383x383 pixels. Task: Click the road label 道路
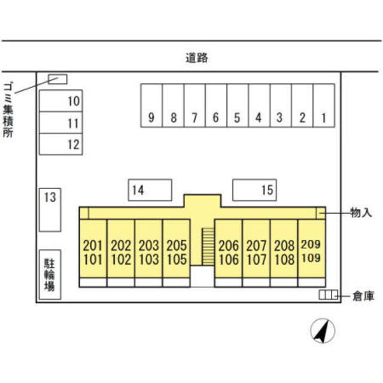point(197,58)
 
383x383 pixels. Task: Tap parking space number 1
point(324,105)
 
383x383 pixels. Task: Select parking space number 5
point(238,105)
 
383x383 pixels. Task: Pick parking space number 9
point(151,105)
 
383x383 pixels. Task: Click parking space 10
point(61,101)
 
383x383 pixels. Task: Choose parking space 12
point(61,144)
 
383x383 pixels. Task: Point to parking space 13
point(50,210)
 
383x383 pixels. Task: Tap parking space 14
point(150,190)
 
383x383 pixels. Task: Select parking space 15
point(254,190)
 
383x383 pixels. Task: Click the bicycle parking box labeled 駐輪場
point(50,275)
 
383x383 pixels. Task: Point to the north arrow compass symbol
point(323,331)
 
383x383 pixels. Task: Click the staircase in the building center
point(208,247)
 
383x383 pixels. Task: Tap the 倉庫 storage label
point(363,296)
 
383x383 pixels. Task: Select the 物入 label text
point(361,213)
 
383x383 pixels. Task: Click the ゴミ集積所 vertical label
point(8,110)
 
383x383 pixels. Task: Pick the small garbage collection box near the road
point(57,80)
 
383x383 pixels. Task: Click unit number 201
point(93,245)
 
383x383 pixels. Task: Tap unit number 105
point(177,259)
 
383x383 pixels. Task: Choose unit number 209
point(311,244)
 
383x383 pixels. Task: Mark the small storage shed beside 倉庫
point(329,294)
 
